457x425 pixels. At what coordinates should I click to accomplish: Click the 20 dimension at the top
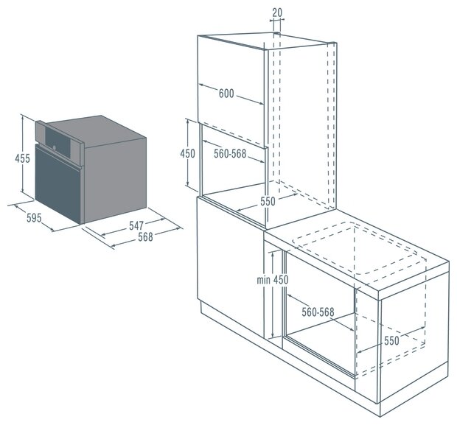click(x=277, y=13)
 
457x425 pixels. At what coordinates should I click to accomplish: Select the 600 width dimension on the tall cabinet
click(x=226, y=94)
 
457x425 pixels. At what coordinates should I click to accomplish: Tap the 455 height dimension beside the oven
click(x=22, y=158)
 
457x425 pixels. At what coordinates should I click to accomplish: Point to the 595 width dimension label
click(x=34, y=218)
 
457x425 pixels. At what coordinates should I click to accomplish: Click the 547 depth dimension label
click(x=136, y=225)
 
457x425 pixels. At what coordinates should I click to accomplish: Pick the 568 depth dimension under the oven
click(x=145, y=237)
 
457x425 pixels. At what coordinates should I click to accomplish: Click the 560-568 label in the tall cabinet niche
click(x=230, y=153)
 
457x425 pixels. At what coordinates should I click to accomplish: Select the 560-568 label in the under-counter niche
click(x=318, y=312)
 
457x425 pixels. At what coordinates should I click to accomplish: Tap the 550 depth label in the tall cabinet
click(x=268, y=201)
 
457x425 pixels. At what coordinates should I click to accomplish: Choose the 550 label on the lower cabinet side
click(x=391, y=340)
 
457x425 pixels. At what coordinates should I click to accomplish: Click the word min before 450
click(x=263, y=280)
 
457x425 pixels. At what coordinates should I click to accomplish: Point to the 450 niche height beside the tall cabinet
click(x=187, y=153)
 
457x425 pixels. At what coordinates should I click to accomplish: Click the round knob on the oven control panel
click(x=55, y=147)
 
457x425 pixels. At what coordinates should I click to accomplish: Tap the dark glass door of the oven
click(x=58, y=184)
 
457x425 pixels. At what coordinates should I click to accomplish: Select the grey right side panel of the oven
click(x=116, y=178)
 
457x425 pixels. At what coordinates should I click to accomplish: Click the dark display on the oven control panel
click(x=57, y=141)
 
